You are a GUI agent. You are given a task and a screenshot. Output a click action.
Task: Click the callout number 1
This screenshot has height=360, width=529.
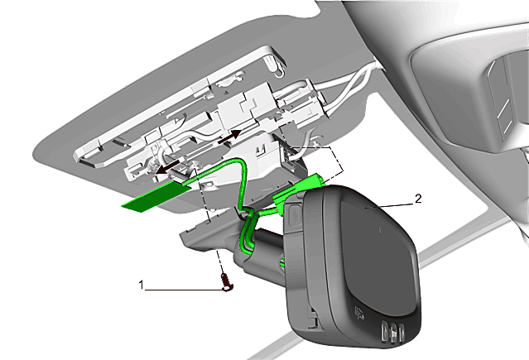[142, 285]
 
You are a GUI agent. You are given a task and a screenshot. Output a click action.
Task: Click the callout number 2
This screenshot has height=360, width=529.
[418, 199]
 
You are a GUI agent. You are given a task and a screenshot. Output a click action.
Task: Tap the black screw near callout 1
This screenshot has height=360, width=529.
[227, 282]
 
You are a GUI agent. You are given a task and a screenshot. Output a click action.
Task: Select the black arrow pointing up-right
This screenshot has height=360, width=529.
[230, 137]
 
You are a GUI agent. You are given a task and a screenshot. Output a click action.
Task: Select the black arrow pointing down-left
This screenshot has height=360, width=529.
[167, 167]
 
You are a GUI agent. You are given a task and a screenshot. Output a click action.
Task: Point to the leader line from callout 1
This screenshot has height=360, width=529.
[185, 290]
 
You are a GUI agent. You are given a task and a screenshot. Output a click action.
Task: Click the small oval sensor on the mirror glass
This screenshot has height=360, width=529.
[382, 230]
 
